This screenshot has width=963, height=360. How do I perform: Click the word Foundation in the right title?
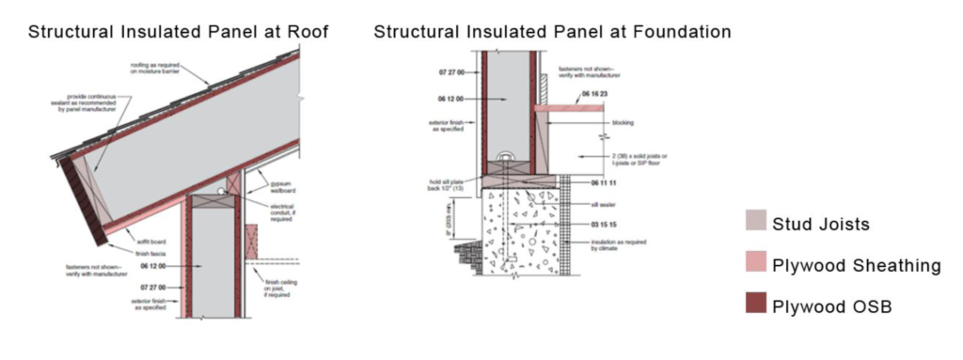(x=682, y=31)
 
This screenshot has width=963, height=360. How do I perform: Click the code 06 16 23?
(x=592, y=97)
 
